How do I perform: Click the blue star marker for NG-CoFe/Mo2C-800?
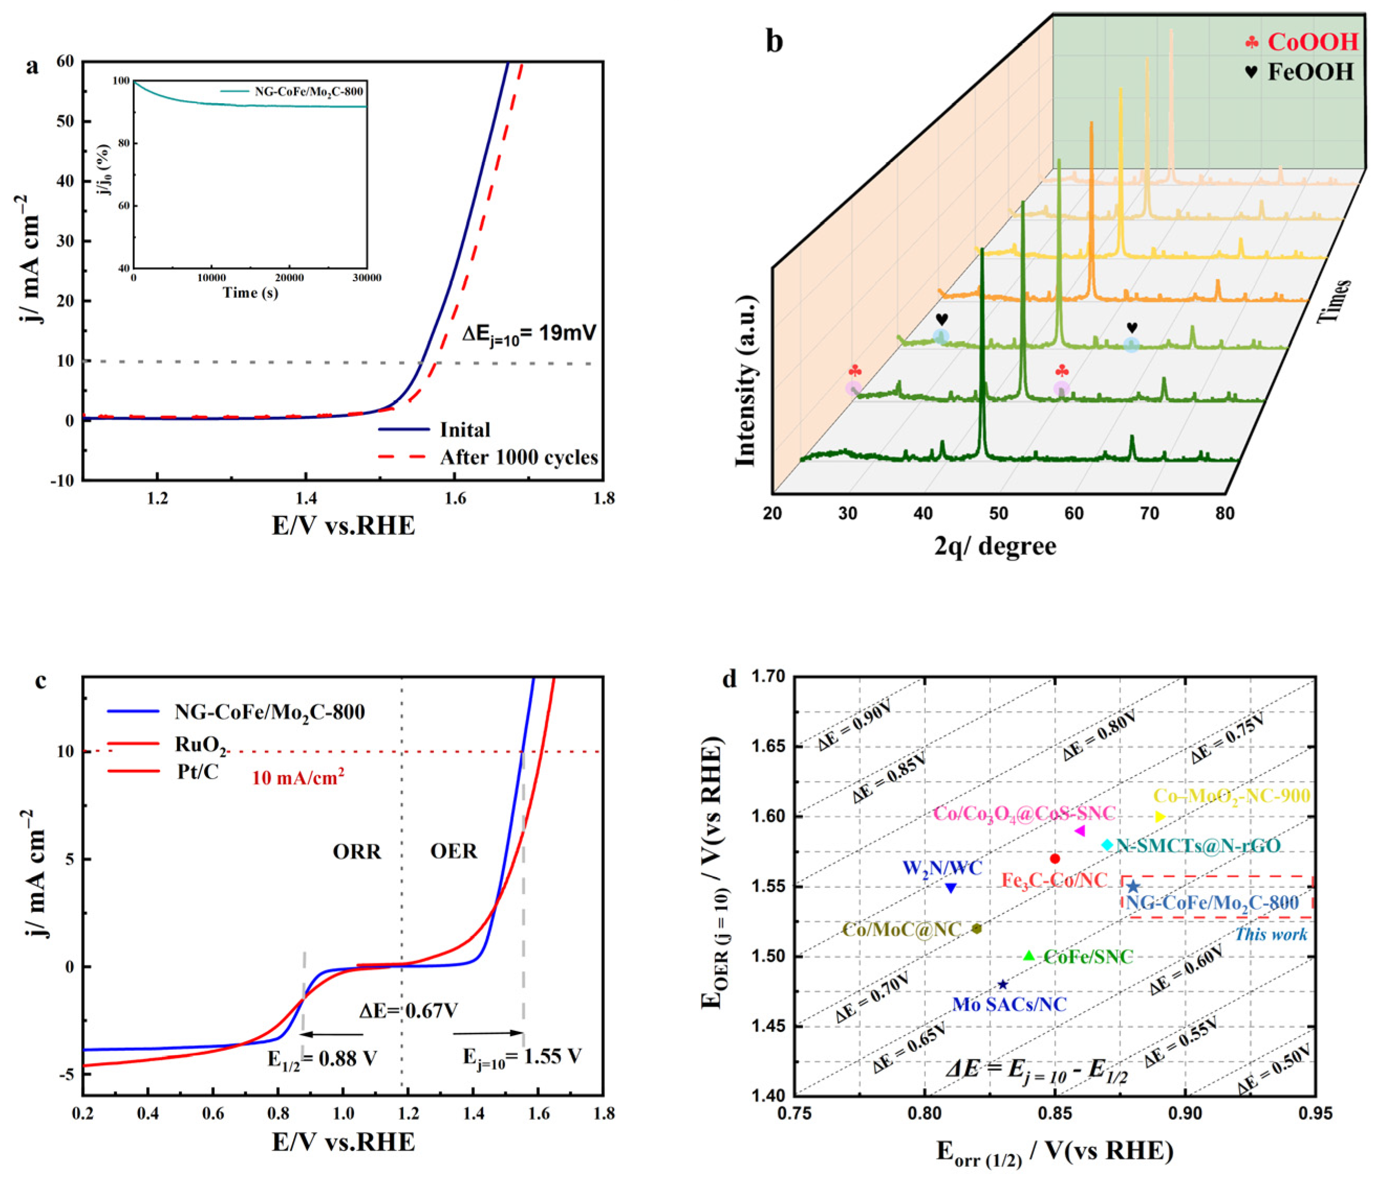1133,887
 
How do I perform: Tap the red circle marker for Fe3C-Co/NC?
1055,859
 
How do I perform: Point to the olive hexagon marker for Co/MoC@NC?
976,929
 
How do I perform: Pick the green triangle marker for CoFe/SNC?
1029,956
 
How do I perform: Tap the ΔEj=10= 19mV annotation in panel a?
529,332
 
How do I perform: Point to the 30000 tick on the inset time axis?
367,278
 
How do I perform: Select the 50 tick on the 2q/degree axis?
998,514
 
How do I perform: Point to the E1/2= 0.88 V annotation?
323,1058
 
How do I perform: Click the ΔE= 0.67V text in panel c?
408,1011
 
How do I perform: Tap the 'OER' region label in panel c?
454,852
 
